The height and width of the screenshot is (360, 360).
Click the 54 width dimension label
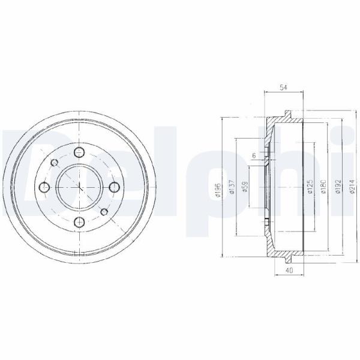pyautogui.click(x=283, y=88)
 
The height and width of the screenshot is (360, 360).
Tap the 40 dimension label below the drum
pyautogui.click(x=290, y=270)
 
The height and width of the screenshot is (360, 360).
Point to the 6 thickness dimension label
pyautogui.click(x=254, y=155)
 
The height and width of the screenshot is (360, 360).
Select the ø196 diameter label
pyautogui.click(x=218, y=190)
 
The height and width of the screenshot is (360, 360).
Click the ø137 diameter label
pyautogui.click(x=232, y=187)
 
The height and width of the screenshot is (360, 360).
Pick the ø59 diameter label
pyautogui.click(x=245, y=187)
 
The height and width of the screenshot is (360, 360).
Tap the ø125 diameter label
pyautogui.click(x=310, y=187)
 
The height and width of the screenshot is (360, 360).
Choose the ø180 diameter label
pyautogui.click(x=324, y=187)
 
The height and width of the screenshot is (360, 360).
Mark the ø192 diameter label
pyautogui.click(x=338, y=187)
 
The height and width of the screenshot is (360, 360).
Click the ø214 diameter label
pyautogui.click(x=352, y=187)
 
